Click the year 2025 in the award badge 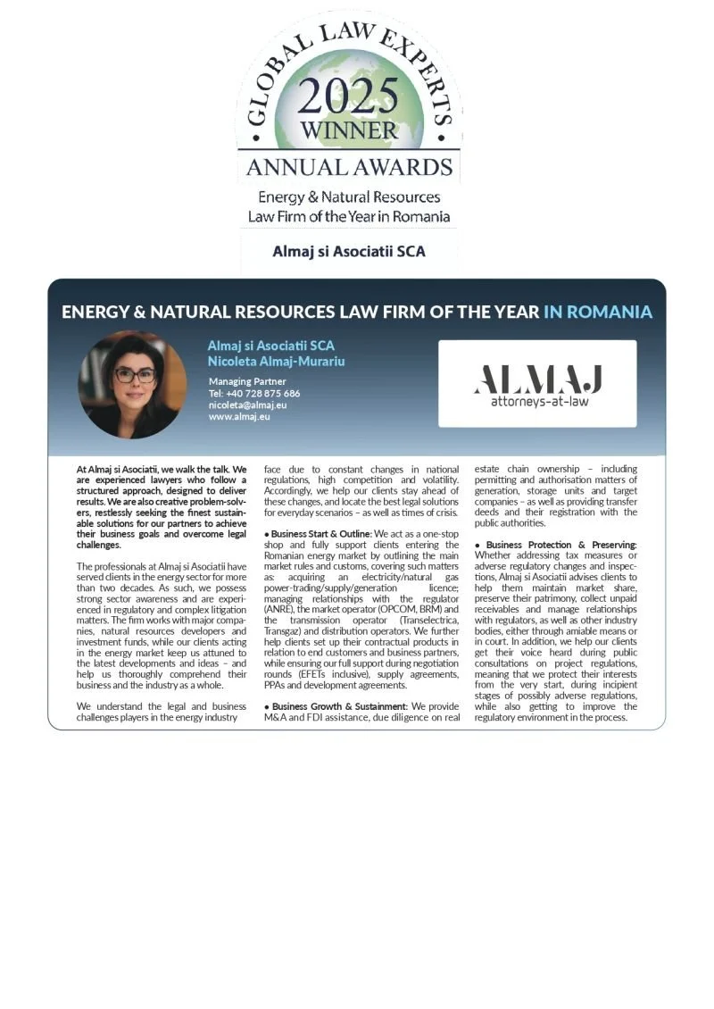[349, 94]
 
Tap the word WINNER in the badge [349, 130]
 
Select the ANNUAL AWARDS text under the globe [349, 167]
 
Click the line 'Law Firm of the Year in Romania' [349, 216]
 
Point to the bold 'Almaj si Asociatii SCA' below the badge [349, 251]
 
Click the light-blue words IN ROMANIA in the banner [597, 312]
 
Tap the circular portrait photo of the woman [132, 385]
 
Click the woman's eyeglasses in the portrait [134, 375]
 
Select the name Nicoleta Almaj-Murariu [276, 362]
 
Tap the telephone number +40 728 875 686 [254, 393]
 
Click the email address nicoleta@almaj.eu [247, 404]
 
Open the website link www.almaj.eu [239, 416]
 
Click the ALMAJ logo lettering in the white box [537, 379]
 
